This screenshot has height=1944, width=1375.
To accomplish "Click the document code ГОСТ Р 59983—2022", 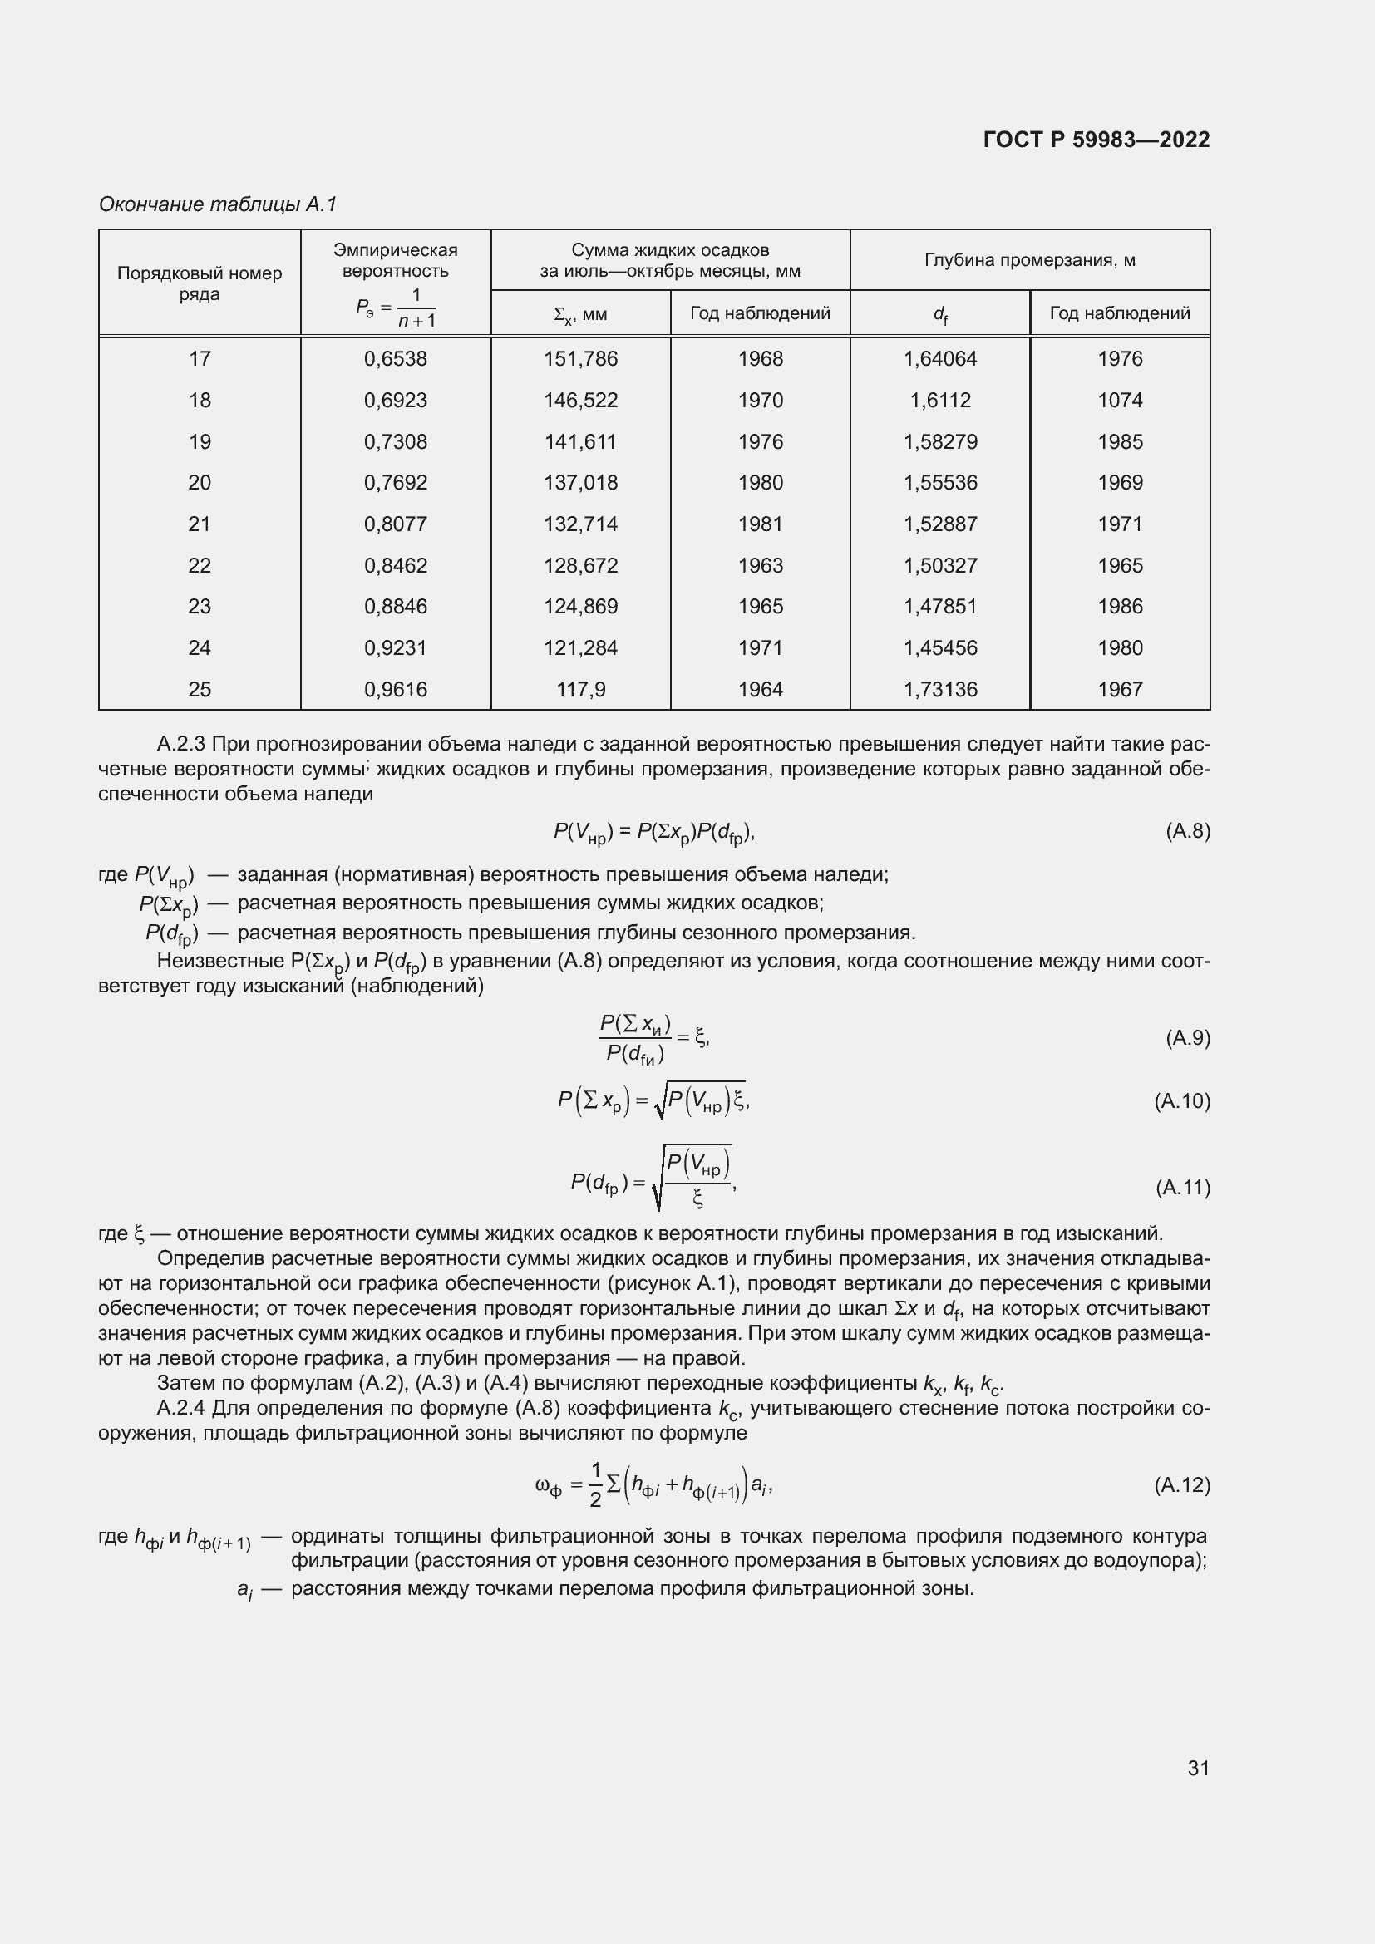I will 1097,140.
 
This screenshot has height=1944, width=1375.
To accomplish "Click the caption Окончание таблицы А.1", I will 219,204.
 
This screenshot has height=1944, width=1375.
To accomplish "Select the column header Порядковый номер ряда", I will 199,283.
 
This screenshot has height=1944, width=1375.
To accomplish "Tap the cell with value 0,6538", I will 396,359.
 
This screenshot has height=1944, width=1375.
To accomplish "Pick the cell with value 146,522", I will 581,401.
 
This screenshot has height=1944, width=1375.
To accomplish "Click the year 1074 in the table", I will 1119,401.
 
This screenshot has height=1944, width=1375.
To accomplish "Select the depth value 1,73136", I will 940,689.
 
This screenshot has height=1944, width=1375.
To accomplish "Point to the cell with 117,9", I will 581,689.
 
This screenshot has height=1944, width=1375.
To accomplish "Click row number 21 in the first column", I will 199,524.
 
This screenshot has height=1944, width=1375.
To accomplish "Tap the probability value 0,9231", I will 396,647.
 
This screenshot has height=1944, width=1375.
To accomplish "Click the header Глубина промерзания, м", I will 1029,260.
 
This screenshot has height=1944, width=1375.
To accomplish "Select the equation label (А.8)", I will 1188,831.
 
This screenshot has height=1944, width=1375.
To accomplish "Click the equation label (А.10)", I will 1182,1100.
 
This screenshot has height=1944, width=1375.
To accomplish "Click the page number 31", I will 1198,1768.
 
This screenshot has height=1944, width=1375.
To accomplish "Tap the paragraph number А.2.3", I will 181,744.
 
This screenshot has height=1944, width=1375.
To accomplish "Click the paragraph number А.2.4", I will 181,1408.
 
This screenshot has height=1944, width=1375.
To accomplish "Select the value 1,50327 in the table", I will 940,566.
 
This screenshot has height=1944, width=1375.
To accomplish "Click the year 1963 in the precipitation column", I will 761,566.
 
